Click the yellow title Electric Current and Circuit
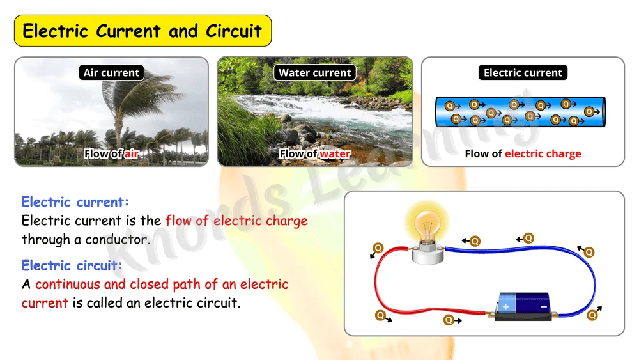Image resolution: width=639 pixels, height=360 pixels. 142,31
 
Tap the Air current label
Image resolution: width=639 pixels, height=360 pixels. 111,72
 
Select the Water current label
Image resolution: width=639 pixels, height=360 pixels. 314,72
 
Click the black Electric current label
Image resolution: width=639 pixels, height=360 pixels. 523,72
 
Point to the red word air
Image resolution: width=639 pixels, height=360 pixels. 132,153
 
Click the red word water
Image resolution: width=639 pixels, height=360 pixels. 335,153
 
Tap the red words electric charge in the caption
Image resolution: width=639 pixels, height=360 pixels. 543,153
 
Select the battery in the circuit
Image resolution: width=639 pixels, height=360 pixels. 523,306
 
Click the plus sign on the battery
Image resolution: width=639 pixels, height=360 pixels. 505,307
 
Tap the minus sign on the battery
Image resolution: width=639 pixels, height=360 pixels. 544,306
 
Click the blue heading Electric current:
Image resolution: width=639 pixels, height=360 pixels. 75,202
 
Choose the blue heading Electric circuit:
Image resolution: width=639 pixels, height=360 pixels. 72,265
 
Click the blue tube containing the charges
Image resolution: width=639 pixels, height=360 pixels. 520,112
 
